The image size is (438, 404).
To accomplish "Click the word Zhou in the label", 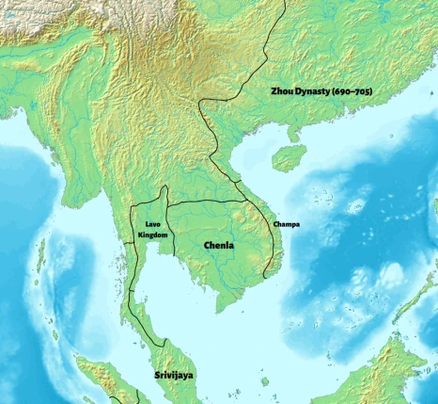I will pos(279,89).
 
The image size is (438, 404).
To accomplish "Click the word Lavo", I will pos(152,225).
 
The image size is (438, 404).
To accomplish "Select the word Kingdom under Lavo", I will pos(153,234).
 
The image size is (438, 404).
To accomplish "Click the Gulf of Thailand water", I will pos(179,292).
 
